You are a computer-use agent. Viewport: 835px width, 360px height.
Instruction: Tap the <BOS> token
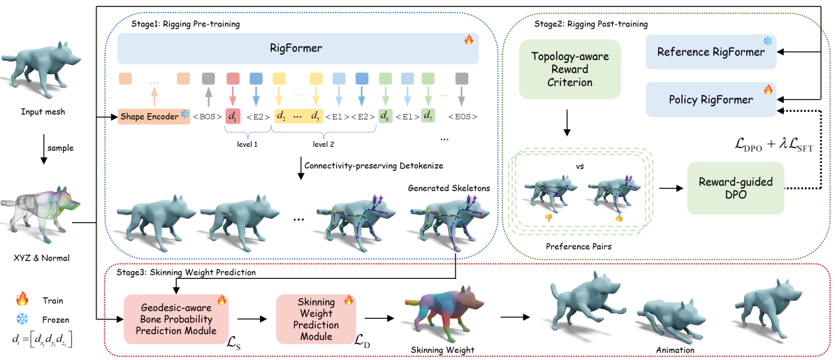(208, 115)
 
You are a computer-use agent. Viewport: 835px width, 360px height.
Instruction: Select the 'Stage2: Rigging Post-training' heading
(590, 24)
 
